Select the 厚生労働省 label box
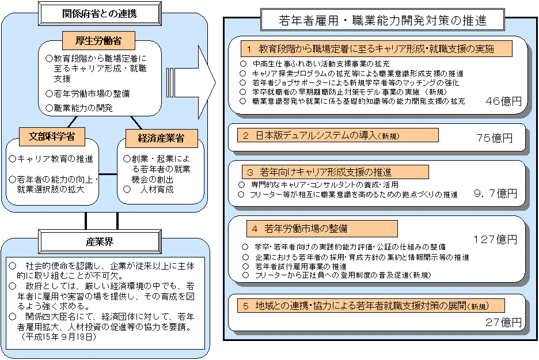click(x=98, y=40)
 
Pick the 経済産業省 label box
click(x=160, y=138)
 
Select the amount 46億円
click(x=503, y=101)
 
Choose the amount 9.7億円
click(x=494, y=194)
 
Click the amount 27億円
click(x=503, y=322)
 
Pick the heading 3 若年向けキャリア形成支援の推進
click(x=334, y=172)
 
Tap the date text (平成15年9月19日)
click(x=58, y=336)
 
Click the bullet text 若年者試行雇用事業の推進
click(x=299, y=266)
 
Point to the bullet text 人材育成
click(x=157, y=189)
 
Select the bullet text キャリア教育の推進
click(x=55, y=158)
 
